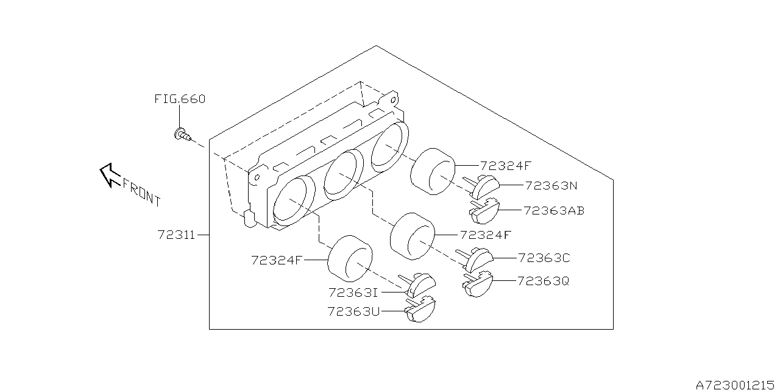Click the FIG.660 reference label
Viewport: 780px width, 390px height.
(179, 99)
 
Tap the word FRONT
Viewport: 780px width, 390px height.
(141, 191)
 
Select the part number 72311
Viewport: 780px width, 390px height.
(177, 235)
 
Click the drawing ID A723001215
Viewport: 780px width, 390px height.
(736, 385)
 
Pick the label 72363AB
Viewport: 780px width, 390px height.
(554, 211)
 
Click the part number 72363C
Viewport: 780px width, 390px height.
(544, 258)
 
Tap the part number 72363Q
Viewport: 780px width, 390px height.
(544, 281)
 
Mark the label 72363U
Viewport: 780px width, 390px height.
(353, 311)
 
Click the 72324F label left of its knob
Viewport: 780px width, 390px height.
(277, 260)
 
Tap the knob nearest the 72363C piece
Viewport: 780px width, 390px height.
(413, 237)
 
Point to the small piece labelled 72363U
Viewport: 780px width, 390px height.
(421, 310)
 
